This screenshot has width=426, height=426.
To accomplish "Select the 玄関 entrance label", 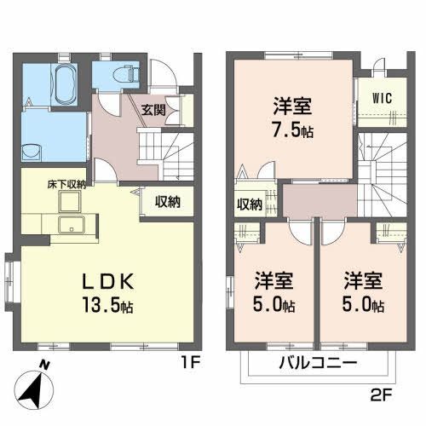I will pyautogui.click(x=154, y=109).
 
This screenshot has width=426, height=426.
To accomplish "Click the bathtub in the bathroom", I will pyautogui.click(x=63, y=84).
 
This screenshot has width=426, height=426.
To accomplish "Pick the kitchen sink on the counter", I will pyautogui.click(x=71, y=226).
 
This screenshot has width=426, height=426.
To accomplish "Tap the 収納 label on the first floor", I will pyautogui.click(x=167, y=202).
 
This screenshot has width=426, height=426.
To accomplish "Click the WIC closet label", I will pyautogui.click(x=381, y=97).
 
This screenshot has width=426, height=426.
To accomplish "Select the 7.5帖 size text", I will pyautogui.click(x=292, y=132).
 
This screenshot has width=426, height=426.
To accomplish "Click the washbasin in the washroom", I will pyautogui.click(x=32, y=153).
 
